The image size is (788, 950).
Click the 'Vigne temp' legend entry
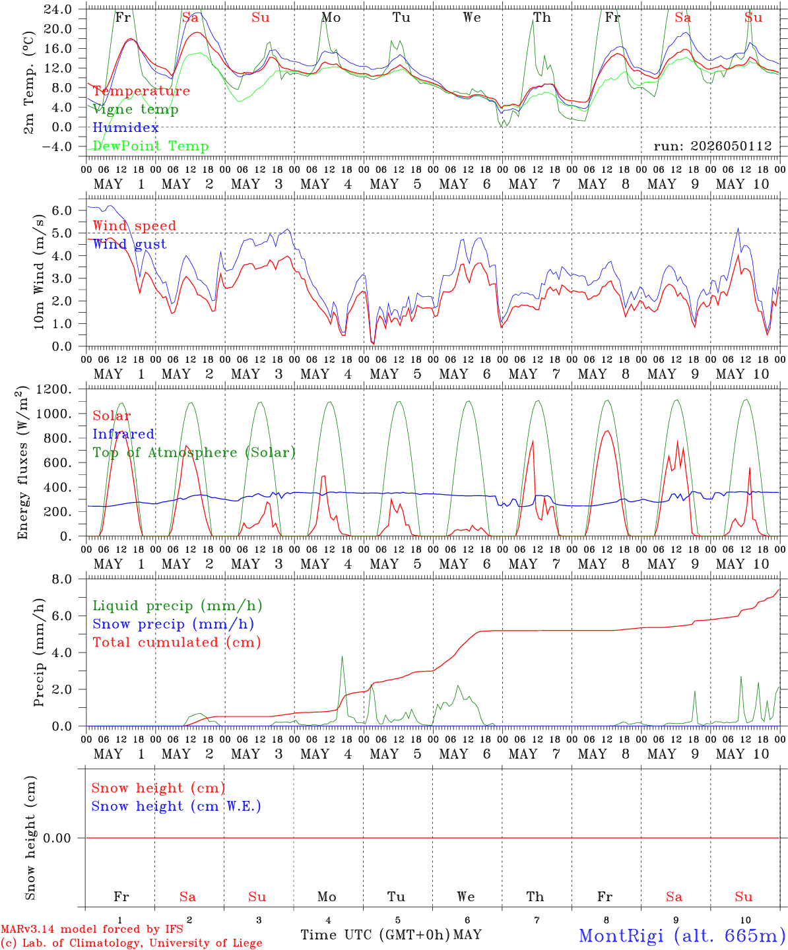(x=135, y=110)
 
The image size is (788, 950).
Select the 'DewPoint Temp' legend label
(x=150, y=146)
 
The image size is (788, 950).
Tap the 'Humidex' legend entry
(x=125, y=127)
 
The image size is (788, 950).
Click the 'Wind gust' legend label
(x=130, y=244)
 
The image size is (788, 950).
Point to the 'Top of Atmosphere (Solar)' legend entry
(x=195, y=453)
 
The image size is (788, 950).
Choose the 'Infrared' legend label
(x=123, y=434)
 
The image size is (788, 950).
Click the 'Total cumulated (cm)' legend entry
(x=177, y=643)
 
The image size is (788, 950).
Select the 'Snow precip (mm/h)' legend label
(x=173, y=624)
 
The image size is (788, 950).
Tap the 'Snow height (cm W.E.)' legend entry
(x=176, y=806)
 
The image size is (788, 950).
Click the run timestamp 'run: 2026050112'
(x=713, y=146)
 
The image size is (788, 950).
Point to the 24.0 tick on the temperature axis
(x=58, y=9)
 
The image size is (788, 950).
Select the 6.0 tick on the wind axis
(x=62, y=210)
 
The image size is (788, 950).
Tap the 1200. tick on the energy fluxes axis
(x=54, y=389)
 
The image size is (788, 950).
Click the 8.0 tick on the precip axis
(x=62, y=580)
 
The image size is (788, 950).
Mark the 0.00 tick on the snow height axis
(x=57, y=838)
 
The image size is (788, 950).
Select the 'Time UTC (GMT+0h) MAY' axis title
(x=391, y=935)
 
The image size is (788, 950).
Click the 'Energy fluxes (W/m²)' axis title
(x=23, y=462)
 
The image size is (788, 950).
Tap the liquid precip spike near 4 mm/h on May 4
(x=342, y=657)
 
